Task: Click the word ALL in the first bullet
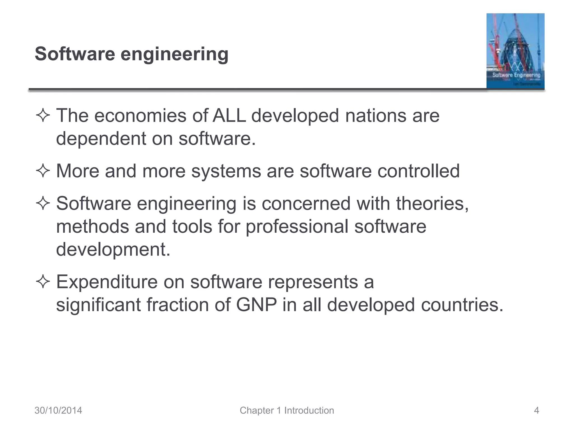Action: pos(229,116)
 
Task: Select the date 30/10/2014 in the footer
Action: pos(58,410)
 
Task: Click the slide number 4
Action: pos(536,410)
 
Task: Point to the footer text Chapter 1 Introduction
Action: pos(287,410)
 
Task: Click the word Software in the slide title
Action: pos(75,54)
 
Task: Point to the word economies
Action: pos(140,116)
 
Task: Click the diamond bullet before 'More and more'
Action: pos(43,171)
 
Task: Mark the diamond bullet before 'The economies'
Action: pos(43,116)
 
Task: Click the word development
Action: pos(113,249)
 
